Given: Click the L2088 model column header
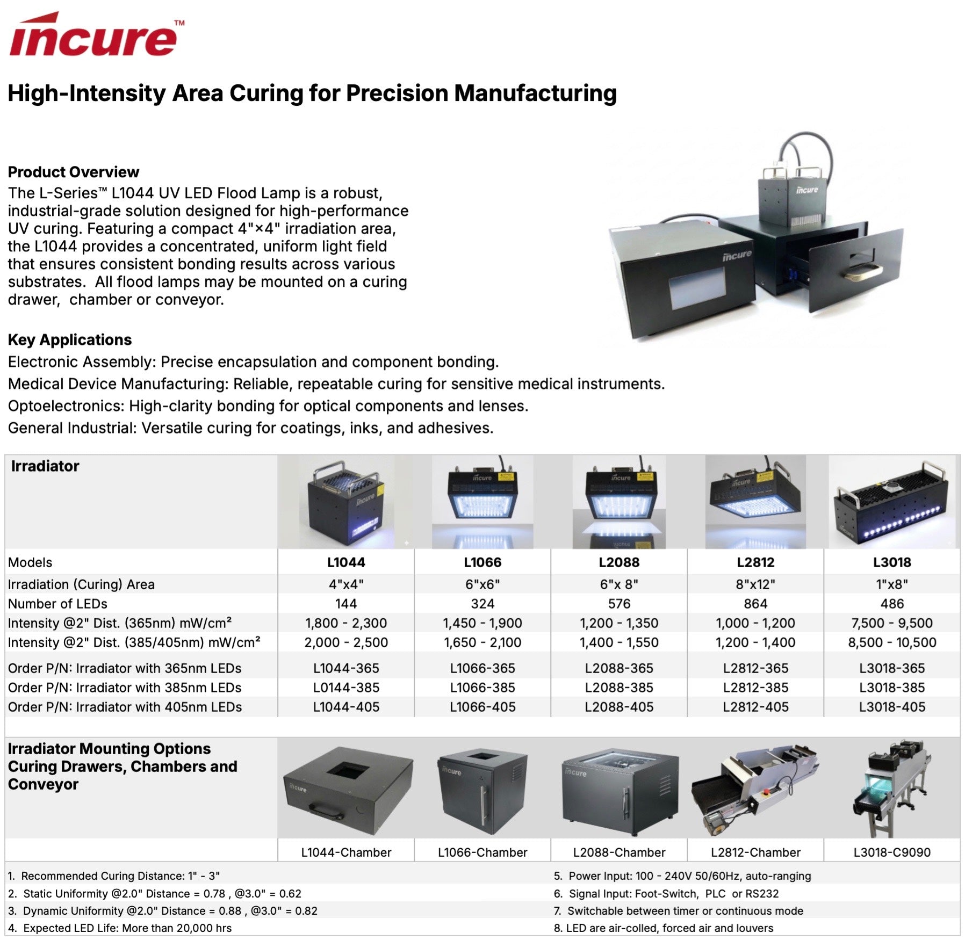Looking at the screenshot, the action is point(619,562).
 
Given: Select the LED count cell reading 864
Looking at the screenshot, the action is point(755,604).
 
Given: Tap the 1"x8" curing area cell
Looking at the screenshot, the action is point(892,584).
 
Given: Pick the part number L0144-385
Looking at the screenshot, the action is point(346,688).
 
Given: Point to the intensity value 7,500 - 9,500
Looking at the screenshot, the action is point(892,623).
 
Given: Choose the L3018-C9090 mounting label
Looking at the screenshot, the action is point(892,852).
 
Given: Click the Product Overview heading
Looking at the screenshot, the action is point(74,172).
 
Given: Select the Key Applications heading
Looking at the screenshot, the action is point(70,339).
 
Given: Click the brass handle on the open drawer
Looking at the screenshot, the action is point(862,272).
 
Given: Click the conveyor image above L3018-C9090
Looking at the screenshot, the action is point(892,788).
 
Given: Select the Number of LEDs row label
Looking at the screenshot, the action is point(57,604).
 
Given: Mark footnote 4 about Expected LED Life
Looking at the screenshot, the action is point(120,928).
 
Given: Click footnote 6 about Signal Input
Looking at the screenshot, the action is point(666,893).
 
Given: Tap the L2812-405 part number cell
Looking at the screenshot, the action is point(755,707).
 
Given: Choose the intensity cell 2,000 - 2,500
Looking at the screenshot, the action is point(346,642).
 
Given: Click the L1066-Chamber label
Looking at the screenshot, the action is point(482,852).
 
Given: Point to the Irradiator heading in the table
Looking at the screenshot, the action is point(45,466).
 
